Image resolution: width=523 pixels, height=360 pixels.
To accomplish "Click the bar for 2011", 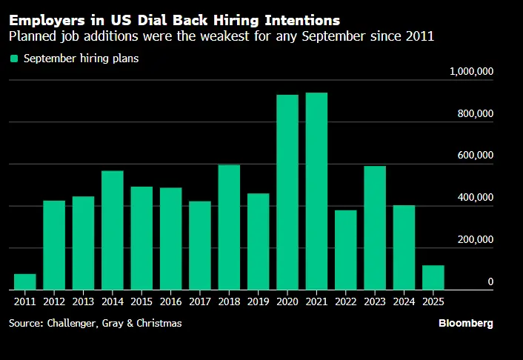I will click(24, 282).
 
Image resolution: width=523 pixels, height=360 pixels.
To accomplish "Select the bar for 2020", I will click(287, 193).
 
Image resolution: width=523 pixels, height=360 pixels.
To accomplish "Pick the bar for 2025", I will click(433, 278).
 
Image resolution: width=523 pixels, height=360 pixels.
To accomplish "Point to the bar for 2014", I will click(113, 230).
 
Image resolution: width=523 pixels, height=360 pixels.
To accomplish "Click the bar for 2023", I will click(375, 228).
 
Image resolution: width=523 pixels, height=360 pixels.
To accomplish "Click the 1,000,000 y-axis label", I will click(472, 71).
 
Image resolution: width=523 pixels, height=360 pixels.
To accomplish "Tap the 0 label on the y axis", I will click(490, 282).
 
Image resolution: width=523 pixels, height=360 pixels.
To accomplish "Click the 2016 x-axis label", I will click(170, 301).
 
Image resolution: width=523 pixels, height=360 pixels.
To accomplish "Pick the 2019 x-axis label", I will click(258, 301).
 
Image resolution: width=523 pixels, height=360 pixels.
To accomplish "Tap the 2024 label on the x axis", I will click(404, 301).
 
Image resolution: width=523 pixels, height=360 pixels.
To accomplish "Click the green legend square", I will click(13, 59).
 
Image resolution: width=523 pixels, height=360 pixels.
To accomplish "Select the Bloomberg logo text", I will click(465, 324).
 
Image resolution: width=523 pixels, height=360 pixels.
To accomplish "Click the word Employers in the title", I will click(46, 20).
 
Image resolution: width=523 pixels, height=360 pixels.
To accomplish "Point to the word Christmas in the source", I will click(159, 324).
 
